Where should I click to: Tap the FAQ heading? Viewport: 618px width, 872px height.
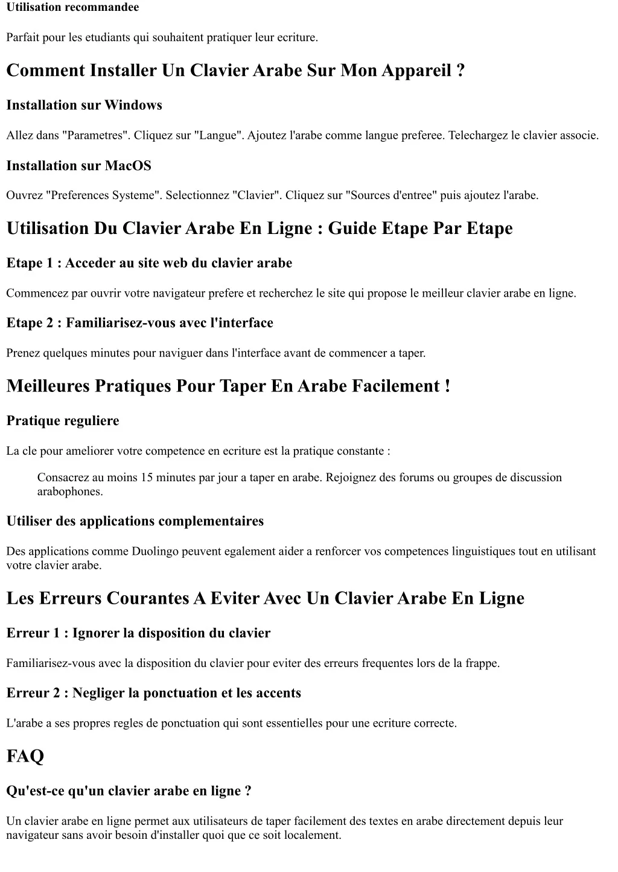point(25,756)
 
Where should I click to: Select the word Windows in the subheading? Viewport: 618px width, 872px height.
point(133,106)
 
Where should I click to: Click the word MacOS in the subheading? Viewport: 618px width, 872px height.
point(128,166)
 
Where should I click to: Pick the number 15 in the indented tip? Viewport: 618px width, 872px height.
point(147,478)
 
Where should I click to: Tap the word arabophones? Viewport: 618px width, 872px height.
point(69,491)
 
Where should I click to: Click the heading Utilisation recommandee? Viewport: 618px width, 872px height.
point(72,7)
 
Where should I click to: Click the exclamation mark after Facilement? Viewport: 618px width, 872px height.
point(447,386)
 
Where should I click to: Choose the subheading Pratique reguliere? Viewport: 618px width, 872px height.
point(63,421)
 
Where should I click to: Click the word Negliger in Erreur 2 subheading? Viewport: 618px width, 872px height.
point(99,693)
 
